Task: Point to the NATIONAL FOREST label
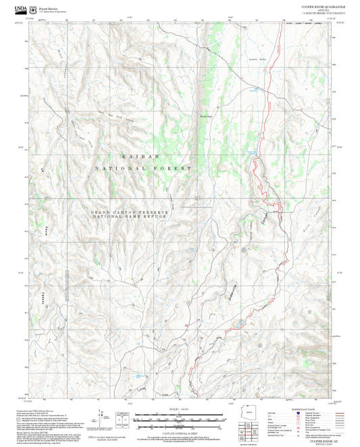[143, 167]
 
